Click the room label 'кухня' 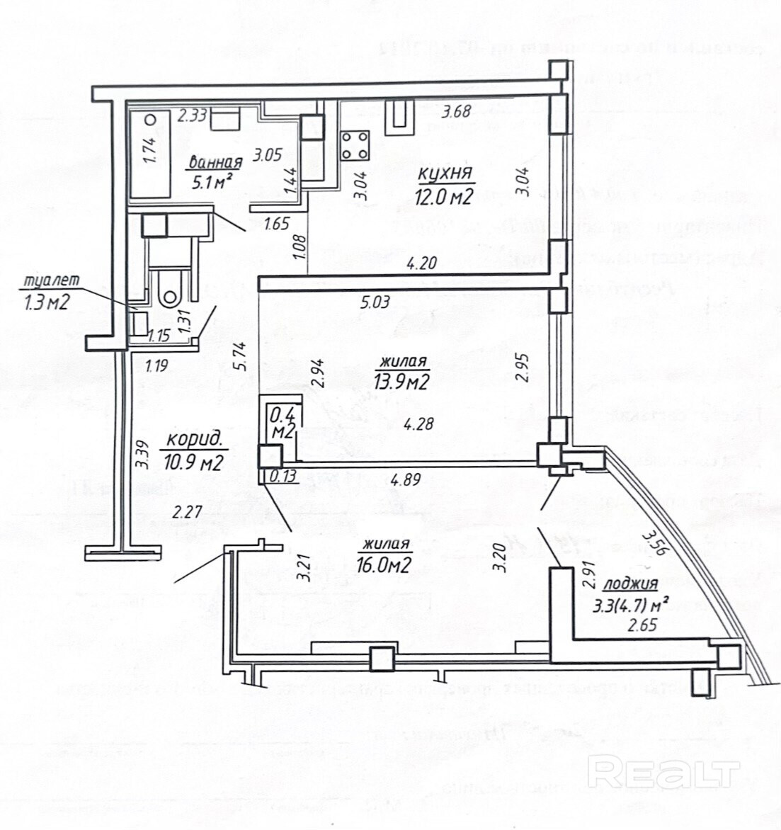445,174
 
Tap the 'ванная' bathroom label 215,163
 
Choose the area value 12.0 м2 445,198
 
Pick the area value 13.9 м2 402,383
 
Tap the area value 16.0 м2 387,567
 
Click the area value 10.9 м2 193,463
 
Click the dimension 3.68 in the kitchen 455,111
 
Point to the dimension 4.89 406,479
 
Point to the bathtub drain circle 149,120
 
